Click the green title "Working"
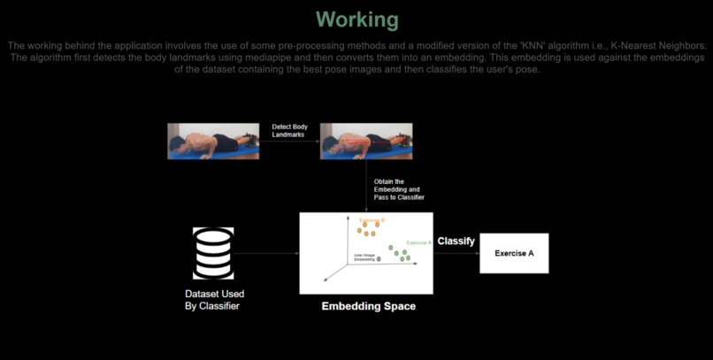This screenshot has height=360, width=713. [x=356, y=19]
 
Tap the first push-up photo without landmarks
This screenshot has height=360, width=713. [x=213, y=142]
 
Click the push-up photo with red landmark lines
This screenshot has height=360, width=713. [x=365, y=142]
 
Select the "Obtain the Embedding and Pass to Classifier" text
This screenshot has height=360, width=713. [x=399, y=189]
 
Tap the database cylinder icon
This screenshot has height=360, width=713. [x=213, y=254]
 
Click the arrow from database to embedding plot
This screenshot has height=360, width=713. [x=266, y=254]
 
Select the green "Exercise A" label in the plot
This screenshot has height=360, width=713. [x=418, y=242]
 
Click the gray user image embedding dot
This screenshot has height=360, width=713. [x=379, y=259]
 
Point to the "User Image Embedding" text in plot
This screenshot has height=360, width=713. [x=364, y=257]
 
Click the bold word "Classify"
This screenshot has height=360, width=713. [x=456, y=241]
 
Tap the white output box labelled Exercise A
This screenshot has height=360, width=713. [x=514, y=254]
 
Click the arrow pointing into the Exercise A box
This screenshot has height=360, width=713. [x=456, y=254]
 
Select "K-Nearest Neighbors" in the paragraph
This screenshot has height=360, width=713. [x=655, y=45]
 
